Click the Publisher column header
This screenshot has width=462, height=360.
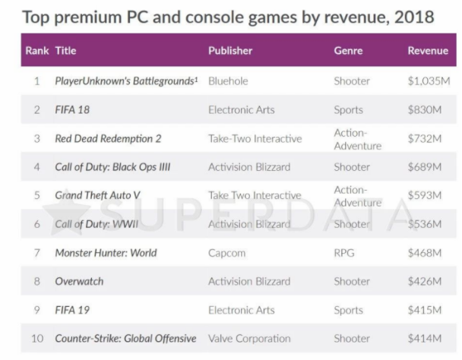click(230, 51)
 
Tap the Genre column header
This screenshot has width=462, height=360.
click(348, 51)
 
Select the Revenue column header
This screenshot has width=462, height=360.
click(428, 51)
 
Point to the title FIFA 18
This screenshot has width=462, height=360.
click(73, 110)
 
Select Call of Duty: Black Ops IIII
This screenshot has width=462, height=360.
click(112, 167)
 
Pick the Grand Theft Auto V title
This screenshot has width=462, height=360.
click(97, 195)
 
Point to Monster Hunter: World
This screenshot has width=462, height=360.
click(106, 253)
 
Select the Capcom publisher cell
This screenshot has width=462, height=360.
click(226, 253)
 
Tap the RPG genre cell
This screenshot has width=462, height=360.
click(344, 253)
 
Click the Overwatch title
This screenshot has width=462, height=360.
click(79, 282)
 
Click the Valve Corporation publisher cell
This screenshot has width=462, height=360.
click(249, 338)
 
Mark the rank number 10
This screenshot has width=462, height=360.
click(37, 338)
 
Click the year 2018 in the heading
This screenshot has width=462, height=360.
click(414, 17)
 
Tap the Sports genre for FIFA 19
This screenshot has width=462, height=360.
click(348, 310)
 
